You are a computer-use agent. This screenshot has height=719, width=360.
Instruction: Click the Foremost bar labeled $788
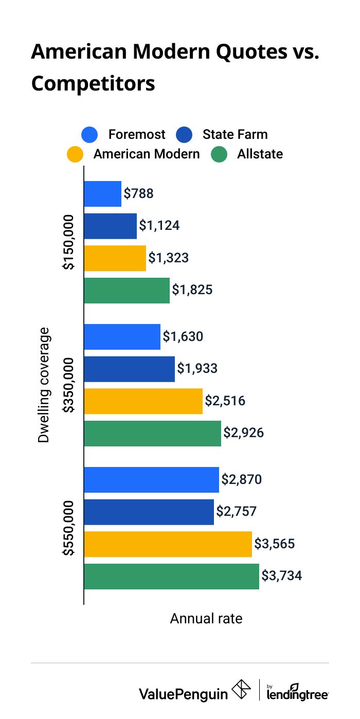[x=103, y=194]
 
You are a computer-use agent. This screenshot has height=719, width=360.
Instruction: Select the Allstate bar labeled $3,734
[x=171, y=576]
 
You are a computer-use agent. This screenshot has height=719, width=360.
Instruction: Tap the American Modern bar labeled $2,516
[x=143, y=401]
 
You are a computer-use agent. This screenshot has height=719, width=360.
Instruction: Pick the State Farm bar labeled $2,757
[x=149, y=512]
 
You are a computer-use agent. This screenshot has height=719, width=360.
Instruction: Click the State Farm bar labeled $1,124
[x=111, y=226]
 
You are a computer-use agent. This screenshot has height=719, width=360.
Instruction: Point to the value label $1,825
[x=192, y=290]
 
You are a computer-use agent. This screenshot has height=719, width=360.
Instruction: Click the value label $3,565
[x=275, y=544]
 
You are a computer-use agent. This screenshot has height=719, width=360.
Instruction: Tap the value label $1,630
[x=183, y=336]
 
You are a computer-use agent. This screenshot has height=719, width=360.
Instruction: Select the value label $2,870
[x=242, y=480]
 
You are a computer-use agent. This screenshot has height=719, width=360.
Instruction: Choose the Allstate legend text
[x=260, y=154]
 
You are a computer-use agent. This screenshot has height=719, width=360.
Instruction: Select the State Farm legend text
[x=235, y=135]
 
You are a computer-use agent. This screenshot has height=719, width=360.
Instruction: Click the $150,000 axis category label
[x=69, y=242]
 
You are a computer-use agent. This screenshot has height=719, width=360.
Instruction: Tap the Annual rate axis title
[x=206, y=618]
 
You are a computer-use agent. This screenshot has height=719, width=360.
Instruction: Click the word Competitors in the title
[x=93, y=83]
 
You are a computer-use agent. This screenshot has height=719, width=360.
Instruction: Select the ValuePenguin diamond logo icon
[x=242, y=690]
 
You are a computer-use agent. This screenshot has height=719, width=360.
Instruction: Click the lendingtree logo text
[x=298, y=694]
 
